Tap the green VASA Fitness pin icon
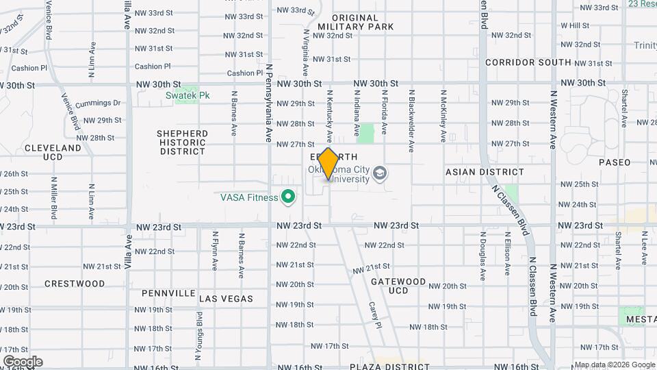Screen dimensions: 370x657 [288, 197]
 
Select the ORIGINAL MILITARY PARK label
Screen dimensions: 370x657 [355, 22]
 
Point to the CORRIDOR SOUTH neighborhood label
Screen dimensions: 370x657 [528, 62]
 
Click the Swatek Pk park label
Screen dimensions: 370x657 [187, 96]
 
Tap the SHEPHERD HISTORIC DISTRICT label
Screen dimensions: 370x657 [182, 142]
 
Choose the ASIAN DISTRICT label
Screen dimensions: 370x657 [485, 173]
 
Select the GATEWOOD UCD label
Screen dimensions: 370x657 [398, 286]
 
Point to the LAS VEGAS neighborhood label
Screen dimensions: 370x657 [226, 299]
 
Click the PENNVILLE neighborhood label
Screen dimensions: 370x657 [168, 293]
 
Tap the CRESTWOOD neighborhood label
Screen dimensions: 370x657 [75, 284]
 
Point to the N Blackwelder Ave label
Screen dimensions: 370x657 [411, 120]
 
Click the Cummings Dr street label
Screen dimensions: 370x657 [98, 103]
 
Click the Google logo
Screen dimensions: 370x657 [23, 362]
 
